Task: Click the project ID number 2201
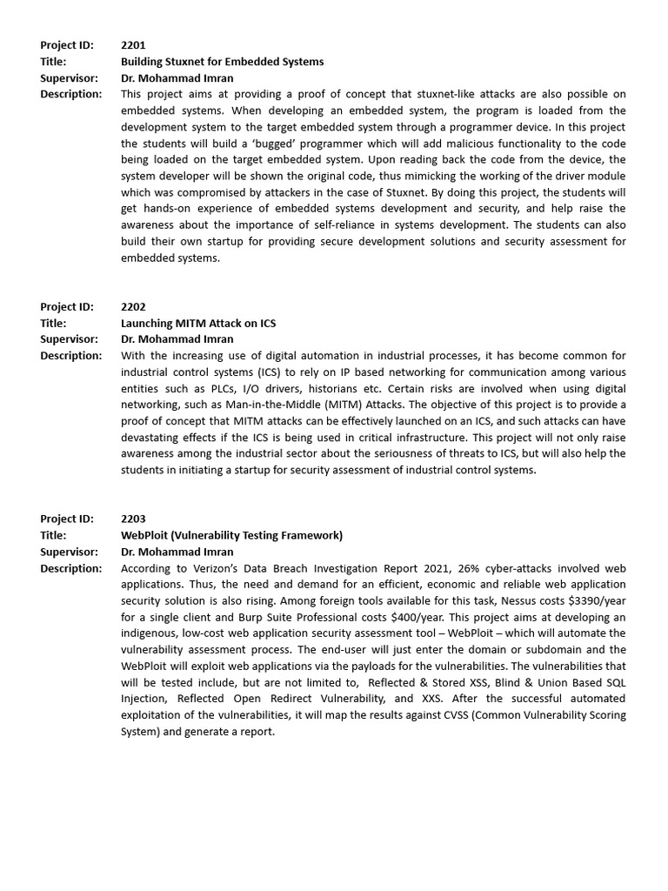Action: pos(133,45)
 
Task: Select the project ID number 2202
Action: pos(133,306)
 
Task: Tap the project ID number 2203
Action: pos(133,519)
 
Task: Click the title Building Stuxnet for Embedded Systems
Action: pos(222,62)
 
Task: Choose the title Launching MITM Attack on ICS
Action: pos(197,323)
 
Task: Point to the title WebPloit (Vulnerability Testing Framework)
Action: pos(231,535)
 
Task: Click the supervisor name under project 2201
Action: pos(177,77)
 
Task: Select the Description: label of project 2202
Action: pos(71,355)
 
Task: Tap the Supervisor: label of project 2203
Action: pos(69,552)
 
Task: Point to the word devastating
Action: pos(155,437)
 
